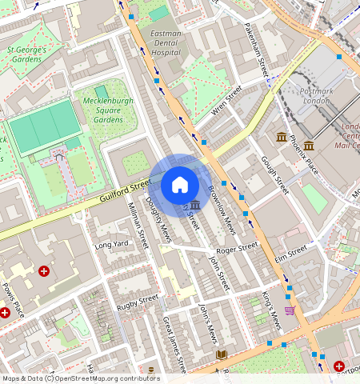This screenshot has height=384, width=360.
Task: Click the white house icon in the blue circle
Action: point(180,185)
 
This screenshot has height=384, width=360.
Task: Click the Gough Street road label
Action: point(274,174)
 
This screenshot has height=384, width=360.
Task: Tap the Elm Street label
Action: point(291,252)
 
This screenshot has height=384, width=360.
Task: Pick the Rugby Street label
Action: point(138,302)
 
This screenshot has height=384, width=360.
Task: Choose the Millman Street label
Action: point(138,225)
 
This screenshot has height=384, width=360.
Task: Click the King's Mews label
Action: point(272,310)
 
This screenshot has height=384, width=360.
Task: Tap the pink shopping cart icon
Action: point(290,310)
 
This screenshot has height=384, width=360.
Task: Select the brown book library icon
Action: point(220,354)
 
